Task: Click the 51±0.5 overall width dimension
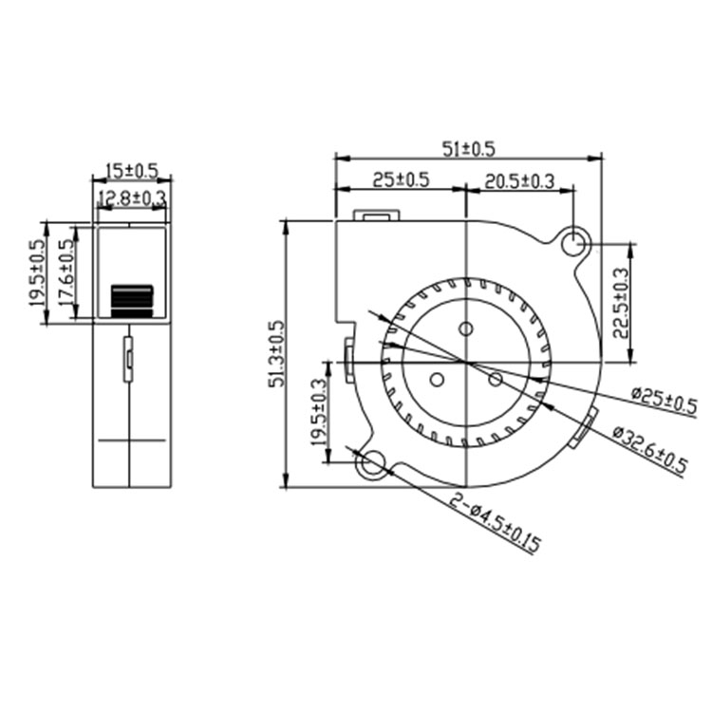click(x=469, y=148)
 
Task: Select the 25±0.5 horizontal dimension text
click(x=401, y=179)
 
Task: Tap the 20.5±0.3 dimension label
click(x=520, y=179)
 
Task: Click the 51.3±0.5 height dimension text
click(x=274, y=353)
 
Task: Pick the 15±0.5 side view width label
click(x=131, y=170)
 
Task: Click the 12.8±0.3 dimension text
click(x=132, y=197)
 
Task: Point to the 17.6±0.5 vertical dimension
click(x=67, y=271)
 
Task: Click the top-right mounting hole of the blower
click(x=573, y=244)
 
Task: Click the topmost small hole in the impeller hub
click(x=465, y=329)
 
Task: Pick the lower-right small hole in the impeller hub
click(x=495, y=379)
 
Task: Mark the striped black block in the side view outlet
click(x=132, y=300)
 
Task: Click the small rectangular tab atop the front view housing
click(x=375, y=215)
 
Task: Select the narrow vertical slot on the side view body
click(x=127, y=357)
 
